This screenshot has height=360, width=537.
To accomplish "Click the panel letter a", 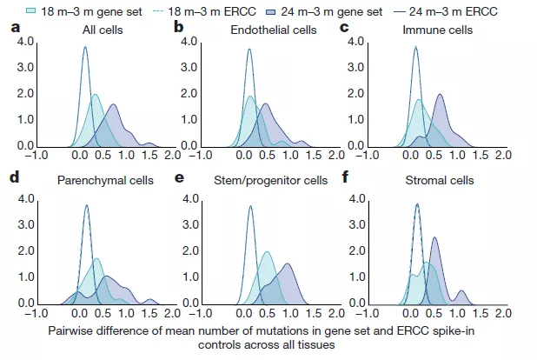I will (14, 28).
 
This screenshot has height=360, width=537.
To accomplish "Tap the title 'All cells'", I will (97, 30).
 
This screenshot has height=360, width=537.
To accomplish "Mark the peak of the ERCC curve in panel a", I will (85, 48).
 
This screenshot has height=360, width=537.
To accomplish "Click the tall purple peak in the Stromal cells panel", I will (434, 238).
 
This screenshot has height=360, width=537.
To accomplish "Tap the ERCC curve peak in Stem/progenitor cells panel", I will (249, 205).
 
